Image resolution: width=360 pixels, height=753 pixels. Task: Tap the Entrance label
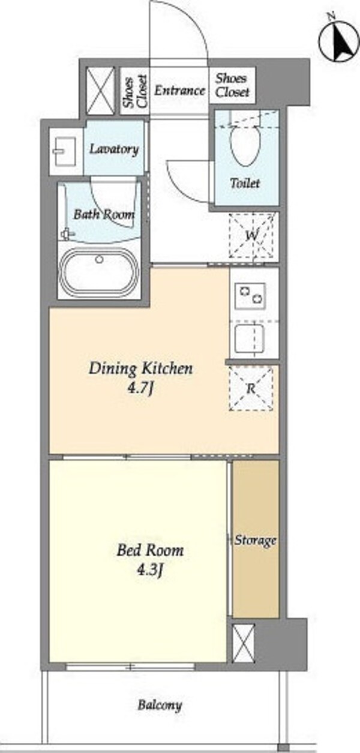[x=179, y=91]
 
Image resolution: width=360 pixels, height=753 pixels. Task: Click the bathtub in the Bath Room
[x=99, y=271]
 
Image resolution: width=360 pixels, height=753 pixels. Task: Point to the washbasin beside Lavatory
[x=64, y=152]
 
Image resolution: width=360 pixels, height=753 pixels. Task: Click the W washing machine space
[x=251, y=235]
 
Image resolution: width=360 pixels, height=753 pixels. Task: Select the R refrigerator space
[x=251, y=389]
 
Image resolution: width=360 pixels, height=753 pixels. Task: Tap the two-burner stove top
[x=250, y=296]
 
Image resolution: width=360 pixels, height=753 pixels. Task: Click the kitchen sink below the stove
[x=250, y=339]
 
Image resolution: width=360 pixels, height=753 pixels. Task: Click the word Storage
[x=255, y=541]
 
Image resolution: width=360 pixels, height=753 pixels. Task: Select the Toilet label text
[x=245, y=183]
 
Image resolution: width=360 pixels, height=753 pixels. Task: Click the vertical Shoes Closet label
[x=135, y=91]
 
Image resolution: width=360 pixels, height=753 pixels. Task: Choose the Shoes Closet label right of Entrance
[x=232, y=85]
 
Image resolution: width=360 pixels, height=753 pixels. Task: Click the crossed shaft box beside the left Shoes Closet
[x=101, y=90]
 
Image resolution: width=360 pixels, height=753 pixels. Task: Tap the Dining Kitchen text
[x=141, y=369]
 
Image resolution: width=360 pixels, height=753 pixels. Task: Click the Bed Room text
[x=150, y=551]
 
